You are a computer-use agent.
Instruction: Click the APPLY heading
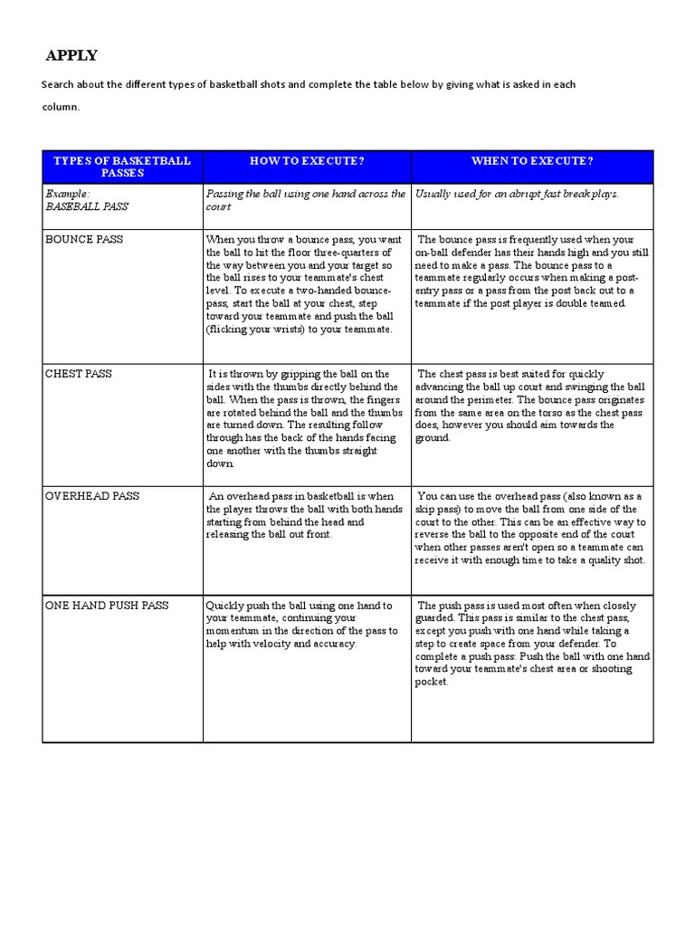(x=71, y=56)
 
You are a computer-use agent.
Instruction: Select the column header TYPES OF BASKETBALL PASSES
(x=122, y=167)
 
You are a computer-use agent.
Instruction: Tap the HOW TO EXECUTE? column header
(x=307, y=160)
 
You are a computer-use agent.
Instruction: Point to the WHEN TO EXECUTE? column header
(x=532, y=160)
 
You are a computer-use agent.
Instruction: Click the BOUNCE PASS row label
(x=84, y=240)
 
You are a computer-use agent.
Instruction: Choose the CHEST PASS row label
(x=79, y=374)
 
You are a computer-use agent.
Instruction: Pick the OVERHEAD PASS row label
(x=91, y=497)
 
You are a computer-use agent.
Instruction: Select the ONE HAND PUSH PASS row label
(x=107, y=606)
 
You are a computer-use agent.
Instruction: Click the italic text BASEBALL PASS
(x=87, y=206)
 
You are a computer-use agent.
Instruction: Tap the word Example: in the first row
(x=68, y=194)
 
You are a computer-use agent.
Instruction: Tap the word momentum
(x=235, y=631)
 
